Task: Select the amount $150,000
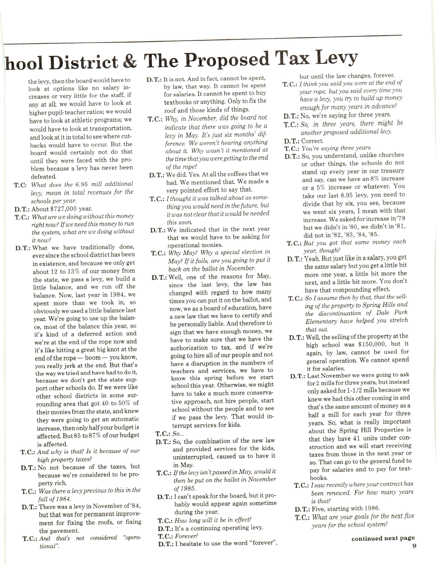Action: [x=376, y=344]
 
